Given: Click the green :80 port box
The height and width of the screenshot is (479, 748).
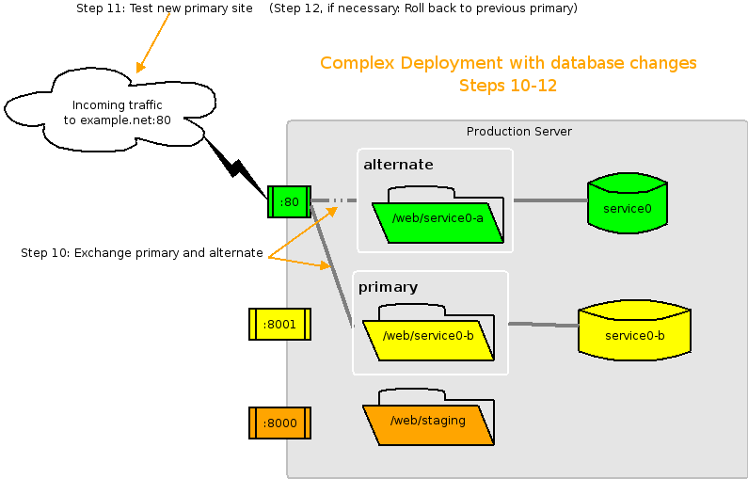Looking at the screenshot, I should [x=289, y=201].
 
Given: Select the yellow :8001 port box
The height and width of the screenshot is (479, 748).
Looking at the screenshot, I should [x=279, y=324].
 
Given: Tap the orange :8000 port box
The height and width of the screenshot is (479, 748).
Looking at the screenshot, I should [x=279, y=423].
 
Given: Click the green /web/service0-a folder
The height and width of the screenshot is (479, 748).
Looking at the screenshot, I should [x=438, y=220].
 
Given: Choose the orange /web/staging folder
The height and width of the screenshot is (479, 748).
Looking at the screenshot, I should [x=428, y=423].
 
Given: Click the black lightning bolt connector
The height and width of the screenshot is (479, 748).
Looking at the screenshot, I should [x=236, y=168].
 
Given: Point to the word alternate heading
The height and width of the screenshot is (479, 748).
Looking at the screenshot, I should [x=398, y=165].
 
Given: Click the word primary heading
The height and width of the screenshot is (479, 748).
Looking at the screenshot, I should [x=388, y=286].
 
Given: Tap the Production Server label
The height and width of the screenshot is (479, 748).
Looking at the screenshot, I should [x=518, y=132].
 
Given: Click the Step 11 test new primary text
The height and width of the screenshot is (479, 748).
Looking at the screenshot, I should [x=164, y=8].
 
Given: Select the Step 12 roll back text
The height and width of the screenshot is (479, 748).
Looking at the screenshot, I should [x=422, y=8].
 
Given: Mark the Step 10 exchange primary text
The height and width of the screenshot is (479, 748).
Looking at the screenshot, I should [x=141, y=253].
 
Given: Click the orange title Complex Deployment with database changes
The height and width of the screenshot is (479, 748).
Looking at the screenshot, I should [x=508, y=63].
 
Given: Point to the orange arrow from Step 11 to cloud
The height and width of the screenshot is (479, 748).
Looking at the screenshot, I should [x=153, y=42].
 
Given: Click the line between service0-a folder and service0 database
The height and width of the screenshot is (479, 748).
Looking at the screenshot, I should [x=549, y=200].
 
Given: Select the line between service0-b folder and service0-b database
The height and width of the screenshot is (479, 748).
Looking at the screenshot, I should [x=543, y=325].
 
